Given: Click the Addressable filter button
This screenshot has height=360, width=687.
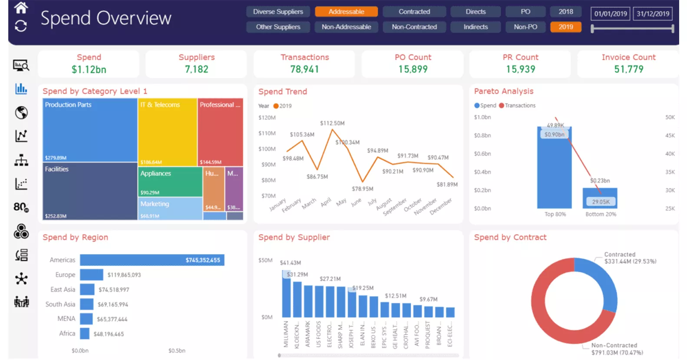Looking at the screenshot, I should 346,12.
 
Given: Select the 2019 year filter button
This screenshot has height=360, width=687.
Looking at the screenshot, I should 565,27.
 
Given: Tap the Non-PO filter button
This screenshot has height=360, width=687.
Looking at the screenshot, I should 525,27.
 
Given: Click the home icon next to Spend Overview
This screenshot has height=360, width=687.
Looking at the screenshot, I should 21,7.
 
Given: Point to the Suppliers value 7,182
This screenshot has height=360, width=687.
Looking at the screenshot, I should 196,69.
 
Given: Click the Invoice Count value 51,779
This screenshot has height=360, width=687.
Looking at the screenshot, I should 628,69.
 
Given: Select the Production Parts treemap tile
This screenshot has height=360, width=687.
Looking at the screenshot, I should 90,130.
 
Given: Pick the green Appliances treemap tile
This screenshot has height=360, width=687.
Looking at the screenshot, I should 170,182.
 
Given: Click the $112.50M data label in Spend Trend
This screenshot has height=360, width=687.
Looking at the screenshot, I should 332,123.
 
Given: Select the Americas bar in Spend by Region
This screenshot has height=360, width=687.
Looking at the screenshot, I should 152,260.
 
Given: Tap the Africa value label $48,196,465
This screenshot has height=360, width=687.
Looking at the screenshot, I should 109,334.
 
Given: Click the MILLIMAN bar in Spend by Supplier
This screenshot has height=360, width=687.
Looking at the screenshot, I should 286,295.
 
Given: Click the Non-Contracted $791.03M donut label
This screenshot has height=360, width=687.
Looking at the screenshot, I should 617,349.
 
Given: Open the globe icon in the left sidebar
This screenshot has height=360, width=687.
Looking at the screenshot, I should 21,112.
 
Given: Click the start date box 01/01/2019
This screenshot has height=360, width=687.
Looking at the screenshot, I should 610,14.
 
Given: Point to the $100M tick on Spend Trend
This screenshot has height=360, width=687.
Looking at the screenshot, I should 267,149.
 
